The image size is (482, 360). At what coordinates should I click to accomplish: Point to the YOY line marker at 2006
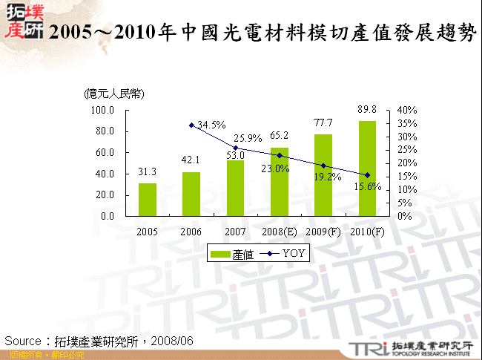click(191, 125)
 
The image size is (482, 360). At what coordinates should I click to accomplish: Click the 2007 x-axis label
click(235, 231)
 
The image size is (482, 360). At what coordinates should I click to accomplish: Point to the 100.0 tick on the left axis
click(102, 111)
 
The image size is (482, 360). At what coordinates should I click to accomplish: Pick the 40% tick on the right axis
click(408, 111)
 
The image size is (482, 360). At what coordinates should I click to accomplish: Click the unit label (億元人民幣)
click(114, 94)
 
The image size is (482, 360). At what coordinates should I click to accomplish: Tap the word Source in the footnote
click(22, 340)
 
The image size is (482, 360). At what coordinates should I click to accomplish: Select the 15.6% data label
click(367, 187)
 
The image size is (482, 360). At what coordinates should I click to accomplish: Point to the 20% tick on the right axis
click(408, 163)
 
